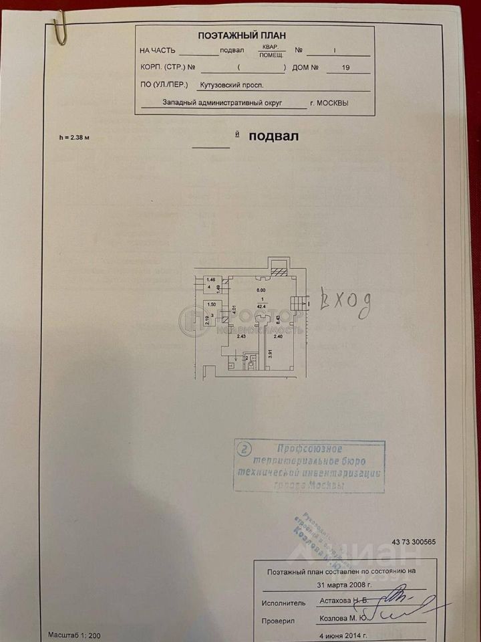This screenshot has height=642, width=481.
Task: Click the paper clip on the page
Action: (59, 29)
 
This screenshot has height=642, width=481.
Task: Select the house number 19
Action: (345, 68)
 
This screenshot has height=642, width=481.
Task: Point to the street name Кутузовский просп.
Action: (232, 85)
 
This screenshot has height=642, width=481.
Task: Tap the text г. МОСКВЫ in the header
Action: (330, 103)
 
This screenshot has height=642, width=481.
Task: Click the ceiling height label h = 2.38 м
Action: (73, 137)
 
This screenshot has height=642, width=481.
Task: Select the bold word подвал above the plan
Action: (273, 136)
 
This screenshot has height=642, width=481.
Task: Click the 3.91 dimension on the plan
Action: (269, 355)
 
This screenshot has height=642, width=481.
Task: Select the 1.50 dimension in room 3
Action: (210, 304)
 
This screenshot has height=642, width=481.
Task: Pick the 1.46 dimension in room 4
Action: (210, 279)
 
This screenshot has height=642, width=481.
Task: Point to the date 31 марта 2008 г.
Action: (345, 584)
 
